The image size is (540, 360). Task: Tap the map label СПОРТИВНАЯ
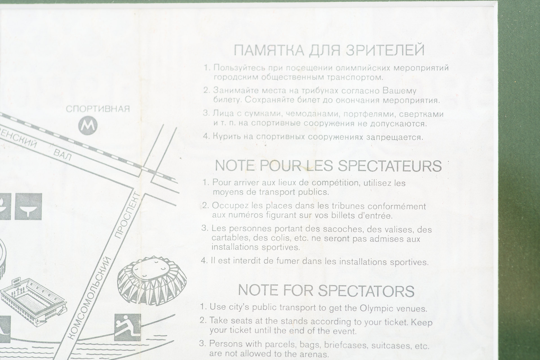[x=98, y=109]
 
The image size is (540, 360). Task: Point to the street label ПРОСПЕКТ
[x=127, y=215]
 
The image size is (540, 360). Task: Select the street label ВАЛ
[x=62, y=155]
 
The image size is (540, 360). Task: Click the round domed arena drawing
[x=152, y=280]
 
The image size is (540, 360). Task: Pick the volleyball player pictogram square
[x=127, y=327]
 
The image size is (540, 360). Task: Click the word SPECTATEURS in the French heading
[x=390, y=166]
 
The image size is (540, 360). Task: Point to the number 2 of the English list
[x=202, y=320]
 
